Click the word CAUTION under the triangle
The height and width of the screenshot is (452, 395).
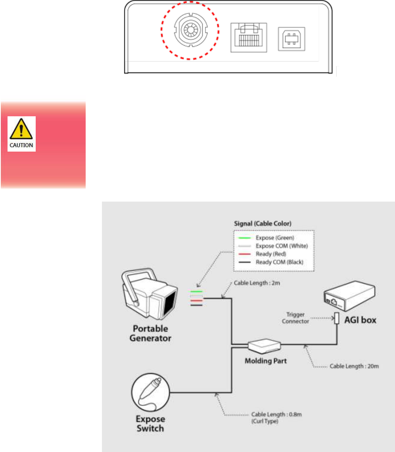21,145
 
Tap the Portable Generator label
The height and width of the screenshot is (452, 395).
151,333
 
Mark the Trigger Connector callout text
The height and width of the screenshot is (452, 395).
295,318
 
